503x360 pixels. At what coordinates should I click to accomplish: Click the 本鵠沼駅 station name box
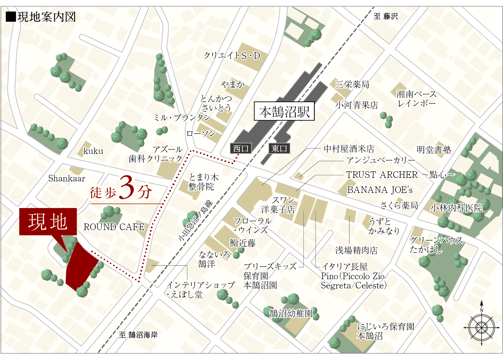tap(284, 112)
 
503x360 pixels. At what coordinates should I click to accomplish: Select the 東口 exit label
tap(279, 148)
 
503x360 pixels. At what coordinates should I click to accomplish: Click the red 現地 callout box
tap(48, 222)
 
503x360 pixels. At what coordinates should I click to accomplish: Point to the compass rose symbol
tap(481, 327)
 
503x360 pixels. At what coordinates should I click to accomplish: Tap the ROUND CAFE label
tap(114, 227)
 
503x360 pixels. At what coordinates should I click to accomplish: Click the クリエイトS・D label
tap(232, 56)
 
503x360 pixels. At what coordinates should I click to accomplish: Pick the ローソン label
tap(201, 134)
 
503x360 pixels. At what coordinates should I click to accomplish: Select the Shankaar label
tap(67, 179)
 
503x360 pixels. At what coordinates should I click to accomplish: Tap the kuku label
tap(93, 151)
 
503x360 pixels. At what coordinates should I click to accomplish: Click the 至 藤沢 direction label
tap(386, 16)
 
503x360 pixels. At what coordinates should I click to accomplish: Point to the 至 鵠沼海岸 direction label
tap(138, 335)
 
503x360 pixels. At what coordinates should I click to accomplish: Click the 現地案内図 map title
tap(41, 17)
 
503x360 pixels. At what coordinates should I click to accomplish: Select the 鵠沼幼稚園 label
tap(291, 313)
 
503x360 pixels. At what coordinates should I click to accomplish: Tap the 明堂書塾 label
tap(434, 150)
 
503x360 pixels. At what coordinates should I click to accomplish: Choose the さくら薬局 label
tap(399, 205)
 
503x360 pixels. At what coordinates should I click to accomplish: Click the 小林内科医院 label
tap(457, 208)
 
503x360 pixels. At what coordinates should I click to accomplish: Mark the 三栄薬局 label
tap(352, 84)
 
